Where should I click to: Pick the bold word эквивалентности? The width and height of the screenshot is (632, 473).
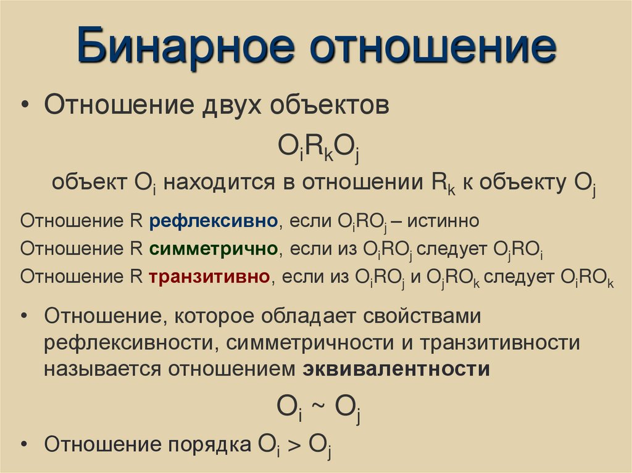[396, 369]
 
